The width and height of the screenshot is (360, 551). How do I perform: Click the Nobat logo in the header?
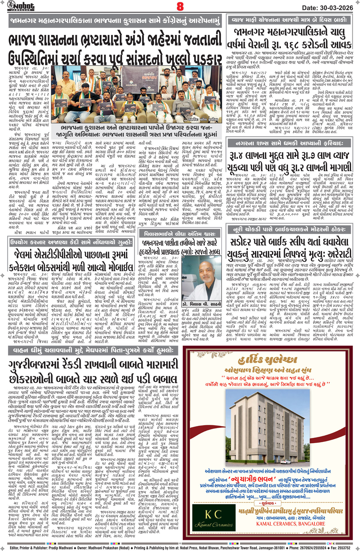[x=21, y=6]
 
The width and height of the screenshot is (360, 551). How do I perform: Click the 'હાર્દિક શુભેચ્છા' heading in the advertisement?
[x=268, y=360]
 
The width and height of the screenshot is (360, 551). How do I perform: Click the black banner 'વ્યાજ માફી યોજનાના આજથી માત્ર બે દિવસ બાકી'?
[x=289, y=20]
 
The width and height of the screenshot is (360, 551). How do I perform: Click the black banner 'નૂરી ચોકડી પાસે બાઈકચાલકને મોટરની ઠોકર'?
[x=289, y=229]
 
